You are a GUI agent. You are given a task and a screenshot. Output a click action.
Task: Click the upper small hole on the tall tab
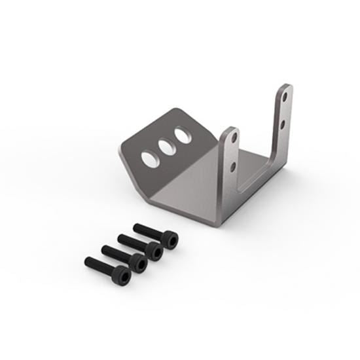285,96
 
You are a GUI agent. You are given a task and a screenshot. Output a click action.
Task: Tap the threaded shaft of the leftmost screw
99,266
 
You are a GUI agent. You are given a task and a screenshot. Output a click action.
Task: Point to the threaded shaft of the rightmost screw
147,230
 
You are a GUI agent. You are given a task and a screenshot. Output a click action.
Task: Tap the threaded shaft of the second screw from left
115,253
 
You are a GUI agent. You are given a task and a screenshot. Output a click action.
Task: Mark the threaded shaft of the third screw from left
132,241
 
